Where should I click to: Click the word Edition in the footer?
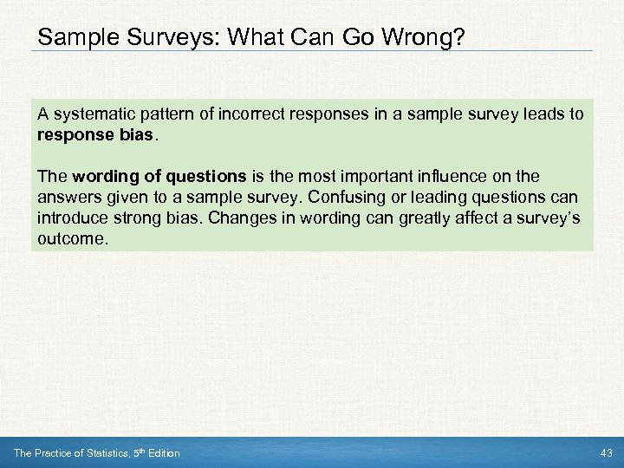[162, 453]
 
